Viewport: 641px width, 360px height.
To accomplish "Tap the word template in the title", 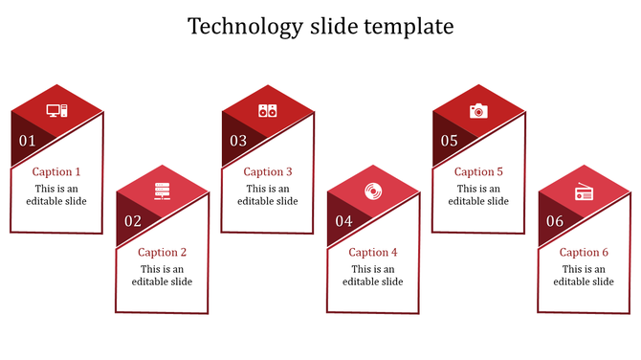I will [x=406, y=27].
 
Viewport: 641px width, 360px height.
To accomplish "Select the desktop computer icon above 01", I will [x=57, y=111].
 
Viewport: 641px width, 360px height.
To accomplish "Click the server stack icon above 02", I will [x=162, y=191].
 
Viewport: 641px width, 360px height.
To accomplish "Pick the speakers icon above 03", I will [x=267, y=111].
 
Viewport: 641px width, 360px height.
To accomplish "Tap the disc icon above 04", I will [x=372, y=191].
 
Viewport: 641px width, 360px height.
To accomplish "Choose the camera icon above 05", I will [x=478, y=111].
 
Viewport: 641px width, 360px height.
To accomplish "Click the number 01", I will [x=27, y=141].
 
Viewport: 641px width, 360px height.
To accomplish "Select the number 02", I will [x=133, y=221].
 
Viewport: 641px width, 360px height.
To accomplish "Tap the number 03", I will [x=238, y=141].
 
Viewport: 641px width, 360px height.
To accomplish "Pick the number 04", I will [x=343, y=221].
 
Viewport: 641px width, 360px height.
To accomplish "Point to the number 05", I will [x=449, y=141].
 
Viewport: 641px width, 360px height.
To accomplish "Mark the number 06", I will [x=555, y=221].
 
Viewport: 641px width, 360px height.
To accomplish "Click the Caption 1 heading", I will [x=56, y=172].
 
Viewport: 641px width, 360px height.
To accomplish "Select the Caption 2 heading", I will [x=163, y=253].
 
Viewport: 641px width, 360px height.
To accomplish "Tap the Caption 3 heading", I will [x=268, y=172].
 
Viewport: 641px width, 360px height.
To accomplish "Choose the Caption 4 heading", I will [x=373, y=253].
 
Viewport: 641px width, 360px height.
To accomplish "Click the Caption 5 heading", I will [x=478, y=172].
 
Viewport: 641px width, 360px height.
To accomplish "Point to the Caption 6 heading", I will [x=584, y=253].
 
